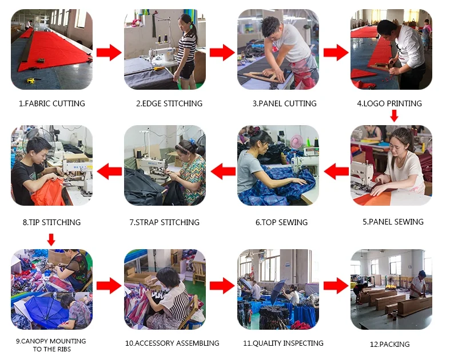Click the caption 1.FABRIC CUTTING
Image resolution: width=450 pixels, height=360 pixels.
click(x=52, y=103)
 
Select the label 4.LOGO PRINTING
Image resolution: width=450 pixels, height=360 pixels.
click(x=389, y=103)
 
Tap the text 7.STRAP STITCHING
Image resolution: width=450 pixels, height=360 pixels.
click(x=165, y=222)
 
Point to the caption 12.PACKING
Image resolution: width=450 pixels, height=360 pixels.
click(x=389, y=344)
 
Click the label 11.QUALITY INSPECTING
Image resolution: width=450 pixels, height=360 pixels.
click(x=283, y=343)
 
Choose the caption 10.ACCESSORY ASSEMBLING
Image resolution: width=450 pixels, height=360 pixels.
click(x=172, y=343)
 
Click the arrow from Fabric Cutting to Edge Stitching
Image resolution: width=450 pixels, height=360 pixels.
click(x=109, y=53)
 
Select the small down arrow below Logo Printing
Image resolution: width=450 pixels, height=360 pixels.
click(x=395, y=115)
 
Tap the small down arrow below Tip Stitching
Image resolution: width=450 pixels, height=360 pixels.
click(x=51, y=240)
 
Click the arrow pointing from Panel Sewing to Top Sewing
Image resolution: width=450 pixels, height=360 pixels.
click(x=336, y=171)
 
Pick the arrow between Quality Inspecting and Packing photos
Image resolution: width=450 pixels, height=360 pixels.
click(x=336, y=286)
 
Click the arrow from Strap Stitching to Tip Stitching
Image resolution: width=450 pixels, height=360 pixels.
click(x=109, y=171)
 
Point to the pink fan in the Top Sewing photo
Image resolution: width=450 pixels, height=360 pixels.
click(x=297, y=141)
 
